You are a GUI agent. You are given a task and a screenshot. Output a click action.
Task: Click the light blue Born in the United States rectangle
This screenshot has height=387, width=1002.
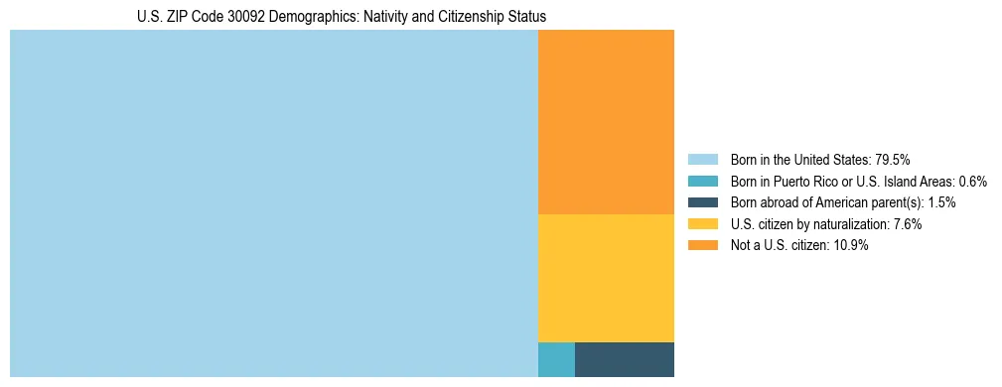pos(273,203)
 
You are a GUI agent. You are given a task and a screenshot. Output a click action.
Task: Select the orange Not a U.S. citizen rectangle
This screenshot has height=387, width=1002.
pos(606,122)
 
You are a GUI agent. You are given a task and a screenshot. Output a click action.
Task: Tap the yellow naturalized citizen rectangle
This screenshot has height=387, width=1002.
pos(606,278)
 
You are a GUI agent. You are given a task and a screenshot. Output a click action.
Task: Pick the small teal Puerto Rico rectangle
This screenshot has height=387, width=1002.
pos(556,359)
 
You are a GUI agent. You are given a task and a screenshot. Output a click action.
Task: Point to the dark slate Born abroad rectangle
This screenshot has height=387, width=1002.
pos(625,359)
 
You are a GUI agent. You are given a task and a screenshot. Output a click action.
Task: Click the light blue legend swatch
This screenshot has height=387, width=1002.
pos(702,159)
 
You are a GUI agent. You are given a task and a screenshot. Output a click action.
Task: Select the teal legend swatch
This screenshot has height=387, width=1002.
pos(702,181)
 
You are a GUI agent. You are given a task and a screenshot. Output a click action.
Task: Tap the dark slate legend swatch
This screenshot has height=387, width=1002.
pos(702,202)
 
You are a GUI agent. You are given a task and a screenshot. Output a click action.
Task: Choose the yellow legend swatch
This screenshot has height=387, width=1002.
pos(702,224)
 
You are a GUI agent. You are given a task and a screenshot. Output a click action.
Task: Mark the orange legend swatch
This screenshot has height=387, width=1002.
pos(702,246)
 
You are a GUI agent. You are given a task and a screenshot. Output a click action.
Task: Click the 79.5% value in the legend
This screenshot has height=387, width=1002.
pos(892,159)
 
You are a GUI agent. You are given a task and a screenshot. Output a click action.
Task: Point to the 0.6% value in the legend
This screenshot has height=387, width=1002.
pos(972,181)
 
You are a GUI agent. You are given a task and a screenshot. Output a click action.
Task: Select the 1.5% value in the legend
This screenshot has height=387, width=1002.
pos(942,202)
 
